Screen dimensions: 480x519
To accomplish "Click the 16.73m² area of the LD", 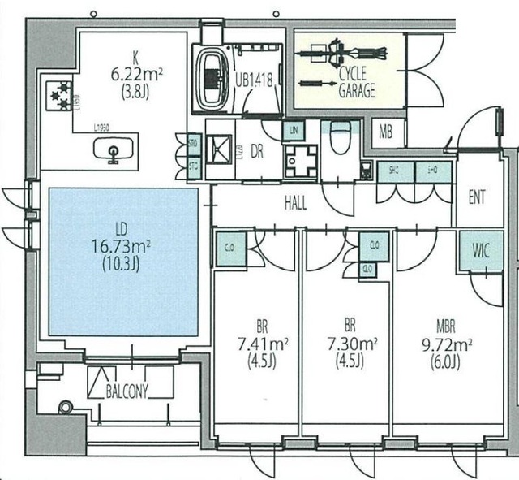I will pyautogui.click(x=122, y=247).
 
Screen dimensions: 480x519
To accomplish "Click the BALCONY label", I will pyautogui.click(x=127, y=391).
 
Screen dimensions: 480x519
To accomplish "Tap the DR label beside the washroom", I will pyautogui.click(x=255, y=151).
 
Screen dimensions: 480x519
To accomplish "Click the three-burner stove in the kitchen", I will pyautogui.click(x=58, y=95).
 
